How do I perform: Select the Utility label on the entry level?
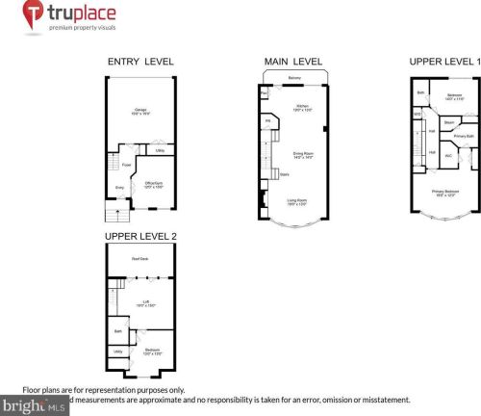coord(159,150)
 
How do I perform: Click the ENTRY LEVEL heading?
coord(140,62)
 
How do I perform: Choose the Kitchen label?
coord(300,106)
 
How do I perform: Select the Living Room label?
coord(297,201)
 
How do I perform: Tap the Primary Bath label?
coord(463,136)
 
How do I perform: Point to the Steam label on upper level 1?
coord(448,123)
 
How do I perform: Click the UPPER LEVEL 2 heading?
coord(140,235)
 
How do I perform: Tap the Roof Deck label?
coord(140,257)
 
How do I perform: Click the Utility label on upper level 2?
coord(116,351)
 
